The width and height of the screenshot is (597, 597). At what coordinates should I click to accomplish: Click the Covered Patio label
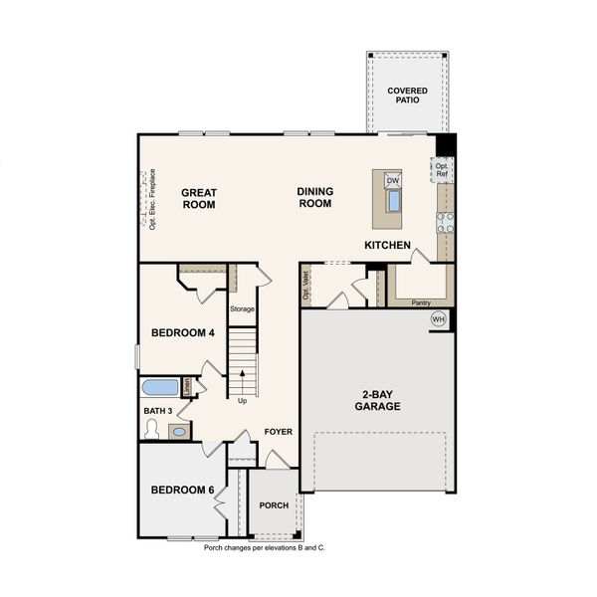[407, 95]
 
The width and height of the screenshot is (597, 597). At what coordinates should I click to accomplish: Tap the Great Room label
[199, 198]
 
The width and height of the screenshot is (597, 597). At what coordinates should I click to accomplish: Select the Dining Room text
[314, 197]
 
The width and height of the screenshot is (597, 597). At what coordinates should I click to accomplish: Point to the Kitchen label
[387, 244]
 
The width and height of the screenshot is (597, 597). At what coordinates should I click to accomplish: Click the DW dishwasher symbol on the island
[392, 181]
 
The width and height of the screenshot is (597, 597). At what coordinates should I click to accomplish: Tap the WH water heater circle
[439, 319]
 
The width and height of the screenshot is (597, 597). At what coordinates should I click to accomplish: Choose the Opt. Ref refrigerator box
[442, 170]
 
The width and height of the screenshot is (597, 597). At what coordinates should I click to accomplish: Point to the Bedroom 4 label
[183, 332]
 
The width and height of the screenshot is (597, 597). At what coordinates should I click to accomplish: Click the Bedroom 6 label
[183, 490]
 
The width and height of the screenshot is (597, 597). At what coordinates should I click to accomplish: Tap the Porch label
[274, 505]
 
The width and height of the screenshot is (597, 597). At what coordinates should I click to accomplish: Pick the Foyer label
[278, 431]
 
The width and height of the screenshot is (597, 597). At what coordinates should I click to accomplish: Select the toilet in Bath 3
[151, 429]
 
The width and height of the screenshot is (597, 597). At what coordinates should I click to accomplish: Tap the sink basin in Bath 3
[179, 431]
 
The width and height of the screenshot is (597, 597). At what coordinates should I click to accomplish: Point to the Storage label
[243, 308]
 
